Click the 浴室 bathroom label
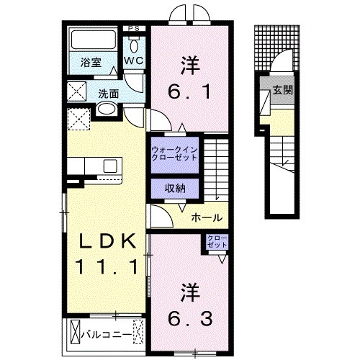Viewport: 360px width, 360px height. [x=89, y=62]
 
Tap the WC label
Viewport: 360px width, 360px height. [x=133, y=61]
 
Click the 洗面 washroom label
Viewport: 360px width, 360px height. [x=109, y=93]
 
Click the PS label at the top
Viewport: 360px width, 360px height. [x=133, y=29]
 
